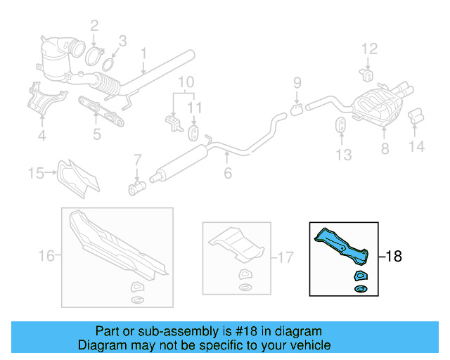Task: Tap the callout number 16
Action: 46,257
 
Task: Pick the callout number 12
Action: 370,49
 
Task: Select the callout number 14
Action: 417,147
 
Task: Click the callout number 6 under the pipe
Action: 227,173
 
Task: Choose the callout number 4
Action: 41,135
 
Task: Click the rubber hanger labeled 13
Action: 339,127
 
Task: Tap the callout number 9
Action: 297,83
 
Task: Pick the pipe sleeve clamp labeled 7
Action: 136,187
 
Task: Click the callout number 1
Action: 143,53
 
